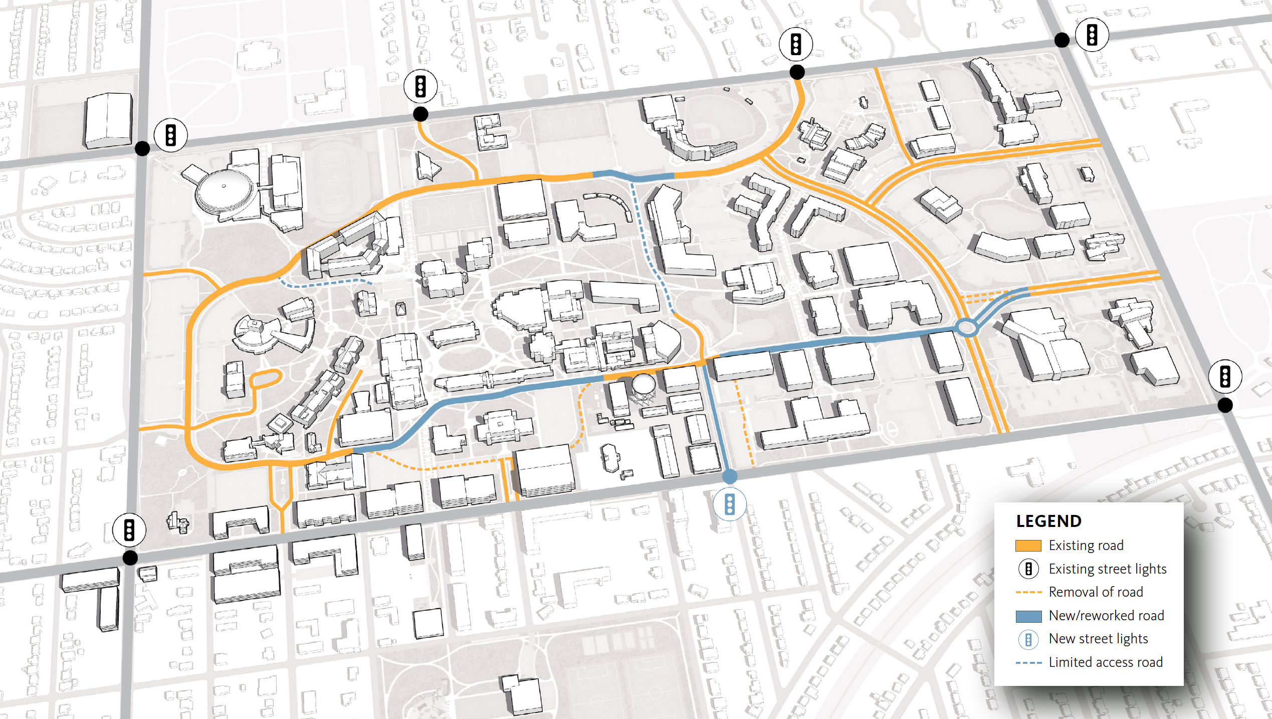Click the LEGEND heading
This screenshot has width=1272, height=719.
pyautogui.click(x=1048, y=521)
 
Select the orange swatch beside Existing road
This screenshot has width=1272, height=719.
pyautogui.click(x=1028, y=546)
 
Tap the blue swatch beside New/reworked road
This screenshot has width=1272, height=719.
pyautogui.click(x=1028, y=616)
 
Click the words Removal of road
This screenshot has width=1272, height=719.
pyautogui.click(x=1096, y=592)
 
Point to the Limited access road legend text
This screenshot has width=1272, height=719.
pyautogui.click(x=1105, y=662)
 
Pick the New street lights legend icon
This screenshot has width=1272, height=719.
pyautogui.click(x=1028, y=639)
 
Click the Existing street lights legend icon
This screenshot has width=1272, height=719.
pyautogui.click(x=1028, y=569)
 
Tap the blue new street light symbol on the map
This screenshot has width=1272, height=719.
pyautogui.click(x=730, y=504)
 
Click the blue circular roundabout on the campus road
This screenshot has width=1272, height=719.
pyautogui.click(x=967, y=328)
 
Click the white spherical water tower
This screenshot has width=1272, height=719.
pyautogui.click(x=644, y=385)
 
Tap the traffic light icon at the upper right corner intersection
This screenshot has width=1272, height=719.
pyautogui.click(x=1092, y=35)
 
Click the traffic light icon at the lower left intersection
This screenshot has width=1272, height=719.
pyautogui.click(x=129, y=529)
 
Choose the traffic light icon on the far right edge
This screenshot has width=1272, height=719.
pyautogui.click(x=1225, y=376)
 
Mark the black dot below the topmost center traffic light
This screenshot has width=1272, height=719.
pyautogui.click(x=797, y=72)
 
